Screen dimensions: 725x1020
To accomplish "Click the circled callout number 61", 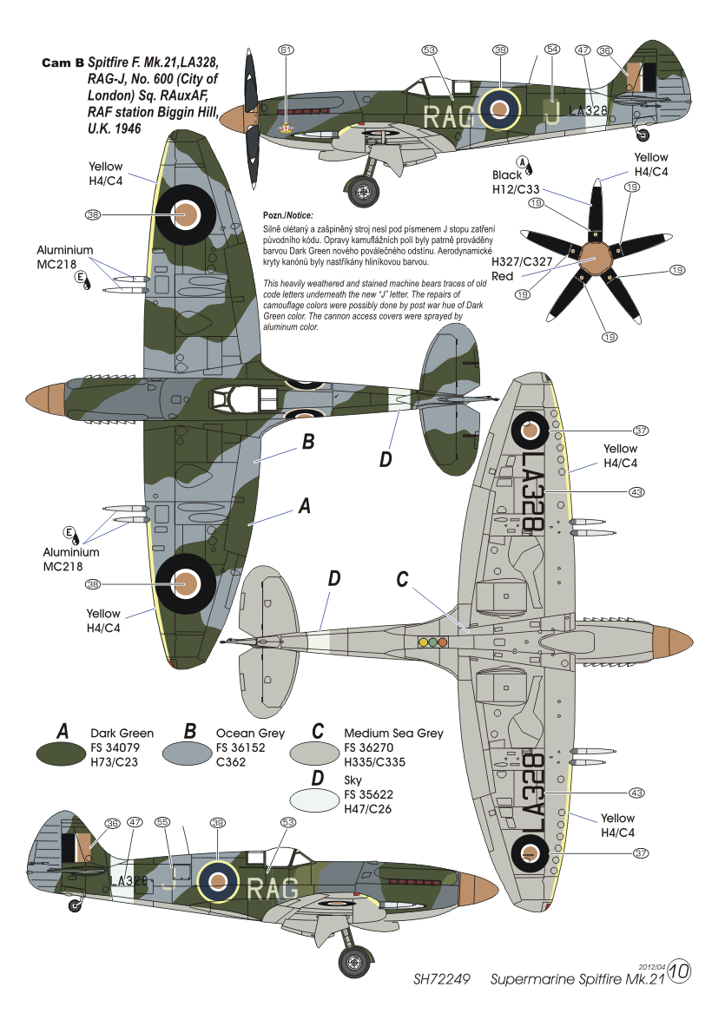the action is point(287,50).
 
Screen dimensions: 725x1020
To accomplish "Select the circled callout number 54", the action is point(552,49).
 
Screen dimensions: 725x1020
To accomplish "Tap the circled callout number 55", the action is point(162,822).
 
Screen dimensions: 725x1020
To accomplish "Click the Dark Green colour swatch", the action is point(61,753).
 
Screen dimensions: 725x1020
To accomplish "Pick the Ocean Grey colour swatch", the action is point(188,753).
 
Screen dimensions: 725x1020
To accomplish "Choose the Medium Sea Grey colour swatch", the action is point(314,753).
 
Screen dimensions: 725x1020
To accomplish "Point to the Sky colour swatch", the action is point(314,800).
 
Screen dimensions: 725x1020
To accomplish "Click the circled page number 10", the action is point(679,971).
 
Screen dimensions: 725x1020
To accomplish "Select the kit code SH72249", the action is point(441,979).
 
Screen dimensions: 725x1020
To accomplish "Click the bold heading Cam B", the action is point(63,63).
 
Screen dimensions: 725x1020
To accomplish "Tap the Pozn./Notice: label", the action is point(287,215).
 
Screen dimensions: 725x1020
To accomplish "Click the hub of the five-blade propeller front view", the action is point(595,258).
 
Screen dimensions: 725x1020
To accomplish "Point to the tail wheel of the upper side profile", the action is point(643,135).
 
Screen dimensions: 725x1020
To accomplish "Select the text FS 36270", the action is point(368,747).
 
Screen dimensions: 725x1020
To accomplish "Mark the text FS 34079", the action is point(115,747).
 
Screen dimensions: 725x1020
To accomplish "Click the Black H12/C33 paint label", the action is point(516,182).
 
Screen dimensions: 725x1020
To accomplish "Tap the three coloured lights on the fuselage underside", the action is point(432,642).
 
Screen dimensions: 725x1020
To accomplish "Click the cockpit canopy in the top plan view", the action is point(236,398).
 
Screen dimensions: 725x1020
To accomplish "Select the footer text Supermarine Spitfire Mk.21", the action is point(577,979).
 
